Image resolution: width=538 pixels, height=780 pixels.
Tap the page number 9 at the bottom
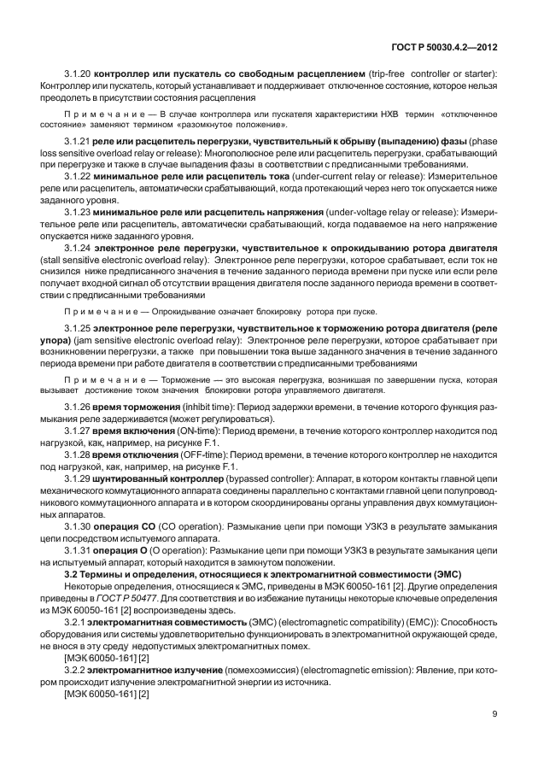495,713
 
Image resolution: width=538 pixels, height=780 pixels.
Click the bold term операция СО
126,526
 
